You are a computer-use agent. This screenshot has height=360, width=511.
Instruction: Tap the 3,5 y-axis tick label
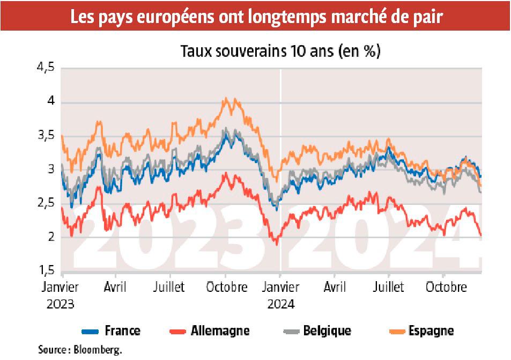(46, 135)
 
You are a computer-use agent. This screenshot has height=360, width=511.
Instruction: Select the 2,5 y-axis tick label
(46, 203)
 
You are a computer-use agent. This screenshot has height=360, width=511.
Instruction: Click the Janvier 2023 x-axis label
(60, 295)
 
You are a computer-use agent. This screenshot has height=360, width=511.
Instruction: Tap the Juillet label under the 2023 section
(169, 287)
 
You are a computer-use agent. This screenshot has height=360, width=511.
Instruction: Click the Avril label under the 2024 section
(334, 287)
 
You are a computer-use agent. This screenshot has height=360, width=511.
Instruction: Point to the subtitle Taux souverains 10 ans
(280, 52)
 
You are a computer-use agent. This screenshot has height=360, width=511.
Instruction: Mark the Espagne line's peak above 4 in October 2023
(225, 98)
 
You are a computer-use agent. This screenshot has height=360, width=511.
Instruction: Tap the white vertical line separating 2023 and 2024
(280, 161)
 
